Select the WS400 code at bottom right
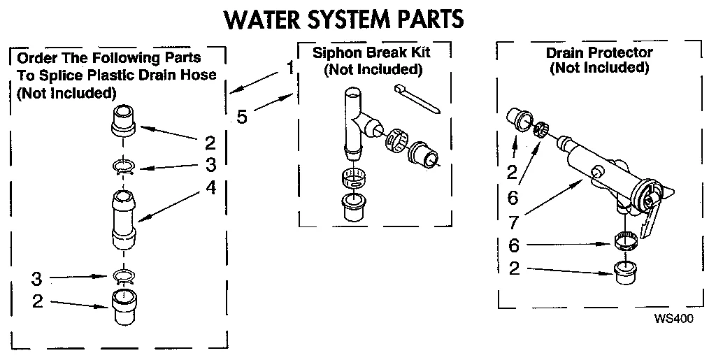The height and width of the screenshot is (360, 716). [x=673, y=319]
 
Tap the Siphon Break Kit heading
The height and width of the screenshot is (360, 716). [x=372, y=54]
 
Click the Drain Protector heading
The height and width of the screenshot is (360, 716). [x=599, y=53]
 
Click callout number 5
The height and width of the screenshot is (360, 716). [x=241, y=116]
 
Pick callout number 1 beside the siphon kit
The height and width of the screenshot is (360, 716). [x=289, y=69]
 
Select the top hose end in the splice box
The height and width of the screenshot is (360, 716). [x=123, y=121]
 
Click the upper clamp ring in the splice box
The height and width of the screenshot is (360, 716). [x=124, y=167]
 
